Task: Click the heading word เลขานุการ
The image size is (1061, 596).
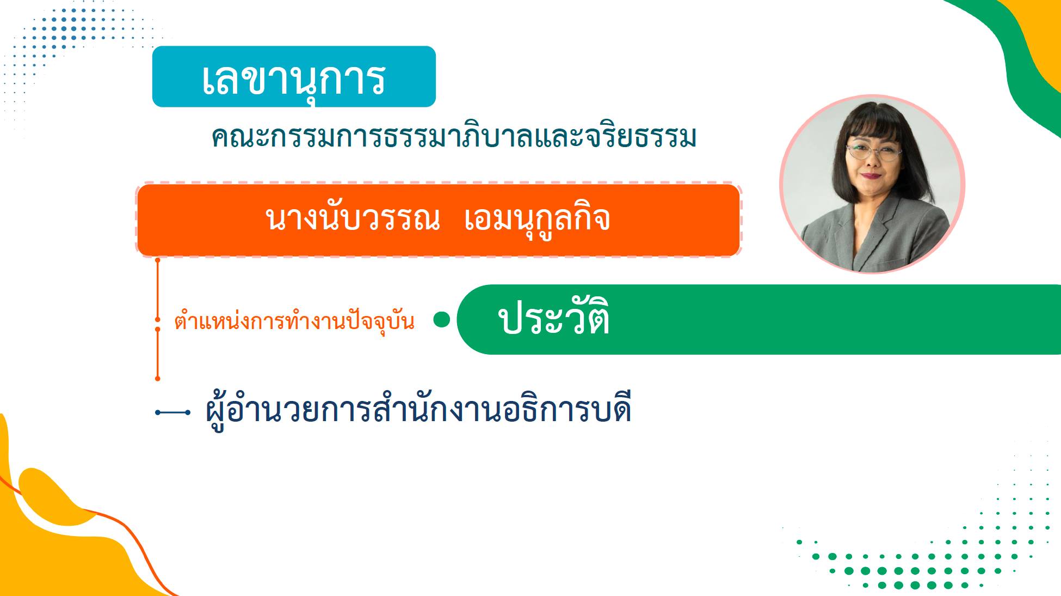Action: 294,80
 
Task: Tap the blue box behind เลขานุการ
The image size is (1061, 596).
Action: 294,76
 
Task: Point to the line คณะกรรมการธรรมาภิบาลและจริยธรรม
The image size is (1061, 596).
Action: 454,137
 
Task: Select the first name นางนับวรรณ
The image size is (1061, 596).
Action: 352,219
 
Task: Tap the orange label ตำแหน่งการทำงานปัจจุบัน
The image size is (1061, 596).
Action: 294,321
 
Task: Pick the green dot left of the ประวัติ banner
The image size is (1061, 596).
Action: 442,320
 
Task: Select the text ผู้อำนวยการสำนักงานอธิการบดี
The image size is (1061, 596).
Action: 418,409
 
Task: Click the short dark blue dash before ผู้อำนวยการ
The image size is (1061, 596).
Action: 172,412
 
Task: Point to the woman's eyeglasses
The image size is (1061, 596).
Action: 873,150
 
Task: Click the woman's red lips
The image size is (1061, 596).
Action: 871,175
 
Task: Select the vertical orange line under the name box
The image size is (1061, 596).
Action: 158,319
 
